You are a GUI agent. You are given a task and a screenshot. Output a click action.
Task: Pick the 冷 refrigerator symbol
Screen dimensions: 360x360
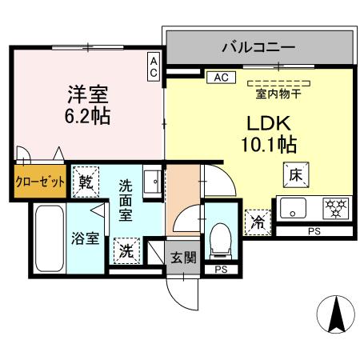coord(257,221)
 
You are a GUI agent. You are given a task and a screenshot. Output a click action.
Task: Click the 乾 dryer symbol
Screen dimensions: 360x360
coord(85,182)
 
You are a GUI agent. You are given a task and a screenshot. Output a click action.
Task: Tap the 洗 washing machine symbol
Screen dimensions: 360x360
coord(126,250)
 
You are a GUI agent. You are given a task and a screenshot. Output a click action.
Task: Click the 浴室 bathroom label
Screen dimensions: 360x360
coord(86,238)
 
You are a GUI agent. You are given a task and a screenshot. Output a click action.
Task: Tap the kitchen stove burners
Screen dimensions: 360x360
coord(334,209)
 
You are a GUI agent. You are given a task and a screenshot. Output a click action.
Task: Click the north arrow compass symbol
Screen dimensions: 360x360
coord(337,316)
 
